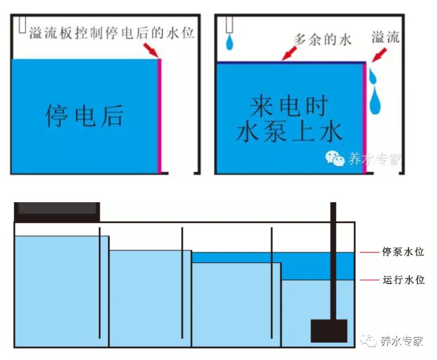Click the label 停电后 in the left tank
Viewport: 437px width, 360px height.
pos(84,115)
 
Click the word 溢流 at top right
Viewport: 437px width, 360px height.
pos(385,38)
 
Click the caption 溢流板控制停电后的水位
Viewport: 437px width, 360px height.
pos(112,33)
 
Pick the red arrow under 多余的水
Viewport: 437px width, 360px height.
pos(290,53)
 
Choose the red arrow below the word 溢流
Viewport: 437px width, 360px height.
pos(377,55)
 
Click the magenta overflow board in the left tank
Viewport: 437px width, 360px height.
pos(159,115)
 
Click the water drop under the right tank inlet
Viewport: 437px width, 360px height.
pos(229,42)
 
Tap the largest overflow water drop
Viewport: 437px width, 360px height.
pos(375,101)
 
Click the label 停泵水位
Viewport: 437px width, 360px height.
pos(403,253)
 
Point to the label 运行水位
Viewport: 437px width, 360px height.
pos(403,280)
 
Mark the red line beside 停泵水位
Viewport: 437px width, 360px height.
pos(369,253)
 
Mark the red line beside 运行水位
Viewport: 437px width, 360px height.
pos(369,280)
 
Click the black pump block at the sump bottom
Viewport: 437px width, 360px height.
pos(329,331)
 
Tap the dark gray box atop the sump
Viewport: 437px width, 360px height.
pos(57,209)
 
